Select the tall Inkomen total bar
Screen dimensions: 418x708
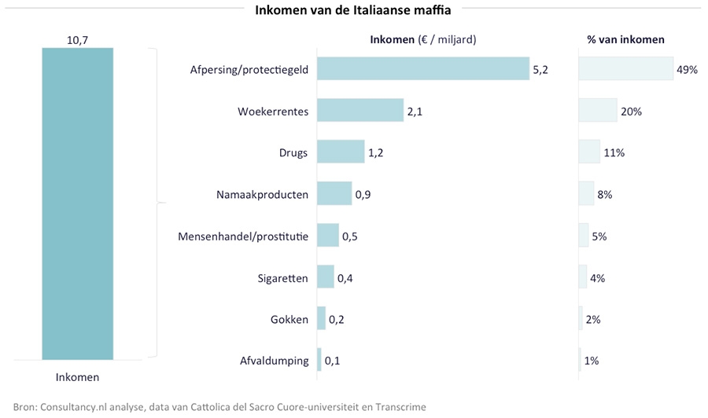tap(77, 203)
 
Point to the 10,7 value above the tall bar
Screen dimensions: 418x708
tap(77, 38)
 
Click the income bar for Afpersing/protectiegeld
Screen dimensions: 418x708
tap(423, 69)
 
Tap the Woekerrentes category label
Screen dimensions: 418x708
tap(273, 112)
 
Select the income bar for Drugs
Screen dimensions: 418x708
tap(341, 152)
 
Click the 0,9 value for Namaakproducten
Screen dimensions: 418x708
tap(363, 194)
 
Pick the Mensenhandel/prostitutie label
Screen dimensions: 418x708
tap(243, 236)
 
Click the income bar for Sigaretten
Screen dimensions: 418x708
tap(325, 277)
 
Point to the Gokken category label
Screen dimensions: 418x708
tap(289, 319)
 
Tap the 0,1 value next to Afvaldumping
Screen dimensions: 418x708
tap(332, 361)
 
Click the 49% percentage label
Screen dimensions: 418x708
tap(687, 70)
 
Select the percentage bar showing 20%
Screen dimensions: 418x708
tap(598, 111)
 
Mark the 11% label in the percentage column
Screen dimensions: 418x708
tap(614, 153)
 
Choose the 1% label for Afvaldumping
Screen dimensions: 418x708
tap(592, 361)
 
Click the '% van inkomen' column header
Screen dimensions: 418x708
tap(625, 39)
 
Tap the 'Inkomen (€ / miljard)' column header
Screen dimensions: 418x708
tap(423, 39)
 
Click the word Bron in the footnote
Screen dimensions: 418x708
tap(25, 406)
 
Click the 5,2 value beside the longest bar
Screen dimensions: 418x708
tap(540, 70)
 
